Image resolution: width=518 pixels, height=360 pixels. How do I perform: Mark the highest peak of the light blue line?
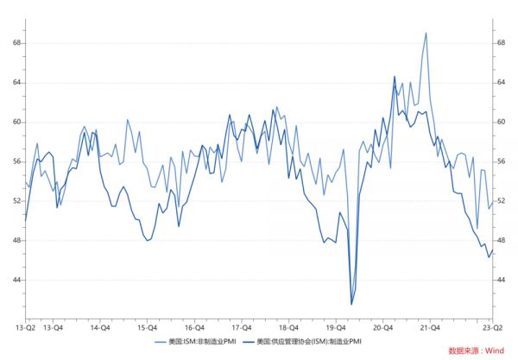[x=426, y=33]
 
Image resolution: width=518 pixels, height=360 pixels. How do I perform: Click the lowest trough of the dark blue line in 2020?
[x=351, y=304]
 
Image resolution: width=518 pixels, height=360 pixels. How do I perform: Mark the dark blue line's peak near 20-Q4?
[x=395, y=77]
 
